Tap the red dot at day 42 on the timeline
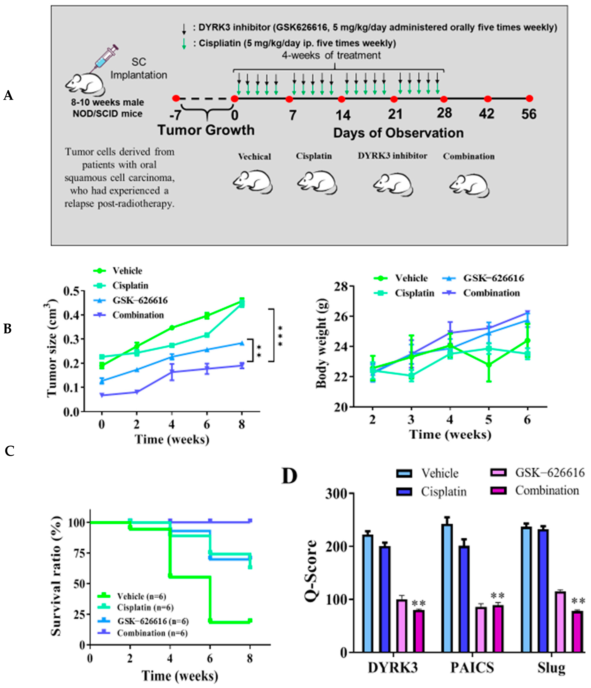point(487,99)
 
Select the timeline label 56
point(529,114)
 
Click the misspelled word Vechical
point(254,156)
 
